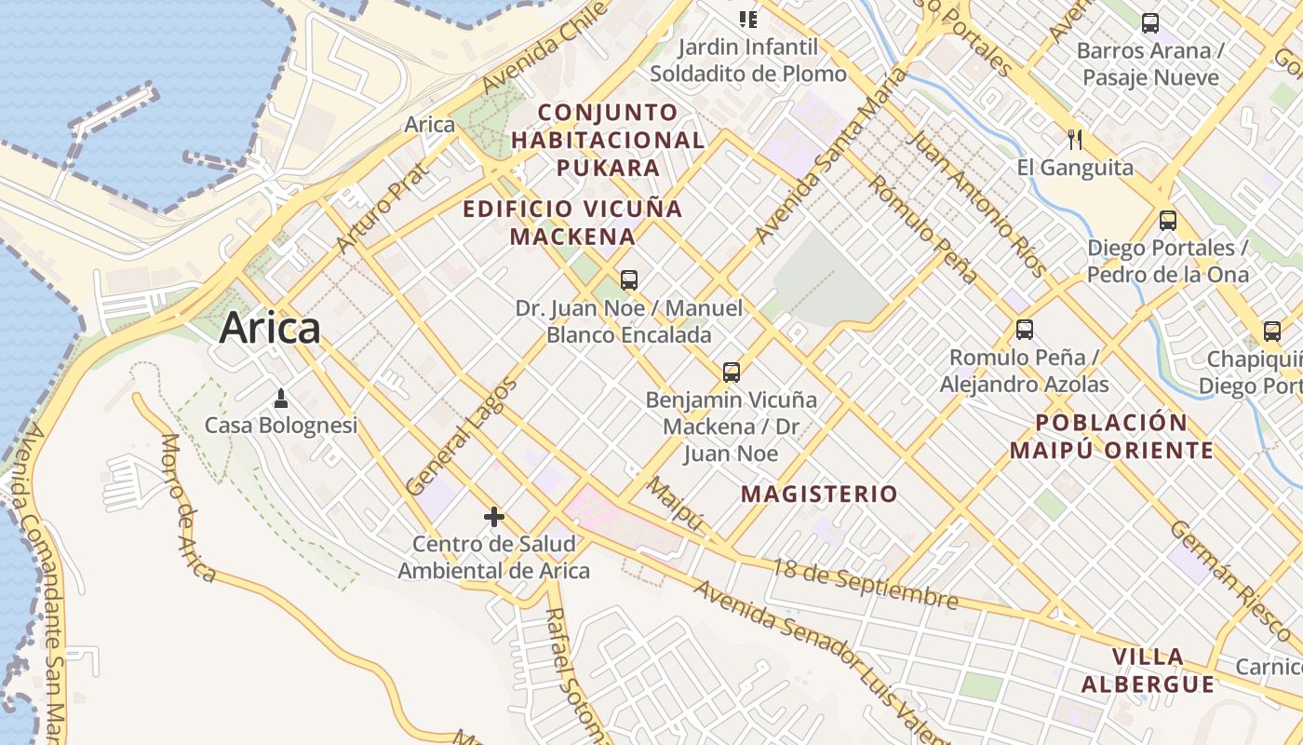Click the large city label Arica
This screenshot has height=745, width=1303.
point(270,329)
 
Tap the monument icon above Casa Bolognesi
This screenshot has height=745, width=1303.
point(281,400)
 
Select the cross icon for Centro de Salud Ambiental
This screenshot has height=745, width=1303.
point(494,516)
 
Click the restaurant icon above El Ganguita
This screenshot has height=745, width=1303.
point(1075,140)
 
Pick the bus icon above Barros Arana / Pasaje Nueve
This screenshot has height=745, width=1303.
point(1150,23)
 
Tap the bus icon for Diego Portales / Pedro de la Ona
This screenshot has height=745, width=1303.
point(1168,221)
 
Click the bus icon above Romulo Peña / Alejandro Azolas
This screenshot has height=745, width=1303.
point(1025,330)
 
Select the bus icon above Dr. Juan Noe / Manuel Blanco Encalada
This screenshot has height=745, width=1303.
point(629,279)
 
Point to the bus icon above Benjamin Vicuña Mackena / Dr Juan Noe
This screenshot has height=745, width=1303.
point(732,372)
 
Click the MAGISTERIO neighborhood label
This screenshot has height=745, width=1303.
point(819,494)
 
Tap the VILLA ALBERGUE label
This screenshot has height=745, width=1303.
point(1148,670)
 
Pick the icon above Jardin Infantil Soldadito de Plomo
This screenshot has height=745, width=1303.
point(747,19)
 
